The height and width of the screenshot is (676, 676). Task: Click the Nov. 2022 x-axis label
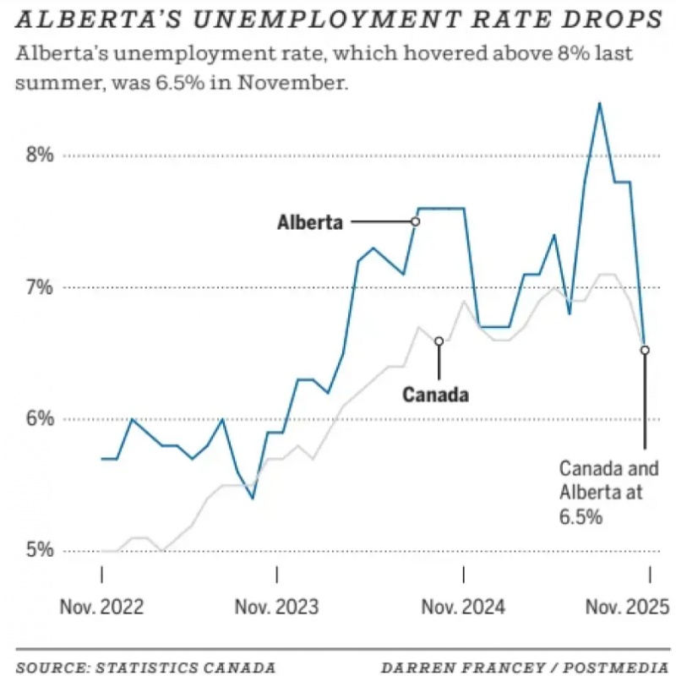coord(102,606)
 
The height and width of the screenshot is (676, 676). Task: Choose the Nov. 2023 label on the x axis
coord(277,606)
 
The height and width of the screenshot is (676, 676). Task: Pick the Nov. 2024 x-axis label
coord(463,606)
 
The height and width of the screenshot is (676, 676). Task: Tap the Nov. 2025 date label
coord(627,606)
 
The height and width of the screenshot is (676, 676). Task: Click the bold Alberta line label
coord(310,222)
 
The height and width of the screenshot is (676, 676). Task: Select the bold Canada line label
coord(435,394)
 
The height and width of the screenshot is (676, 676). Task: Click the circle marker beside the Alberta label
coord(415,221)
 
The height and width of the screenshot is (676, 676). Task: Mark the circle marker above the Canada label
coord(439,341)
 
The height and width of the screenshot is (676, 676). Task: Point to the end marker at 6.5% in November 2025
coord(645,349)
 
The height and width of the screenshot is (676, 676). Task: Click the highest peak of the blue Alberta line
coord(599,104)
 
